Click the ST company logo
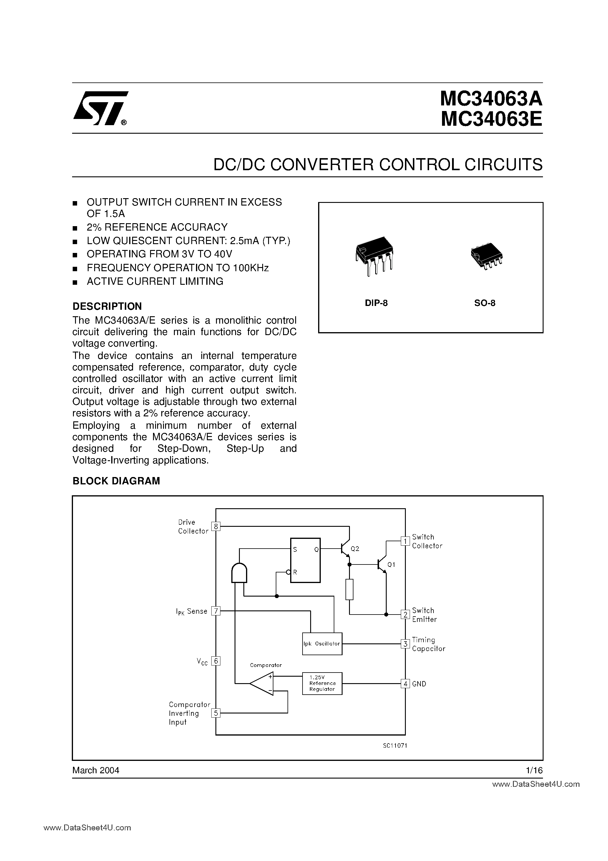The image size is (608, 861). pos(100,108)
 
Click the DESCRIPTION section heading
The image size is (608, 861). pos(107,306)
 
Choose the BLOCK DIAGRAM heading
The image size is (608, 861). pos(116,481)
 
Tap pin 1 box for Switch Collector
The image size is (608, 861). pos(405,541)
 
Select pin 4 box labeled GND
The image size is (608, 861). pos(405,684)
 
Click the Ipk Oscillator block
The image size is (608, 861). pos(322,643)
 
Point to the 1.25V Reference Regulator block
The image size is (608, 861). pos(322,683)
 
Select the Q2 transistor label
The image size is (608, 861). pos(355,549)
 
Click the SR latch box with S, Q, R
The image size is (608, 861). pos(305,560)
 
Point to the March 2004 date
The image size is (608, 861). pos(96,770)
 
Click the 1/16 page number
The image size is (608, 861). pos(534,770)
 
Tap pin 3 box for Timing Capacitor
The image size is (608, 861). pos(405,644)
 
